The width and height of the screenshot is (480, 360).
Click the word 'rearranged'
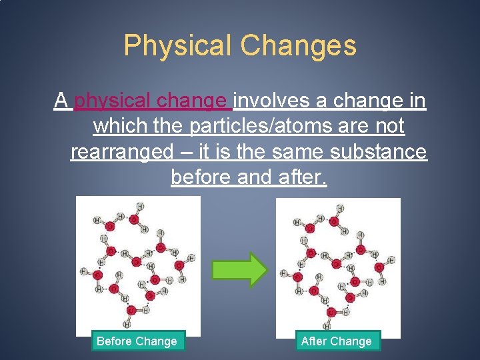point(121,152)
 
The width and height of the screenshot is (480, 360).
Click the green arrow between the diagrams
point(239,269)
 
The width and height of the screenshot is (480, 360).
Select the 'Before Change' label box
point(137,341)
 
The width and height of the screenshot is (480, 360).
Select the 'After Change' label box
point(336,341)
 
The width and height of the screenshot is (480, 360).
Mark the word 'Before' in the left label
point(115,341)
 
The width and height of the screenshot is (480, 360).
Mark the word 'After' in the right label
point(315,341)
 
